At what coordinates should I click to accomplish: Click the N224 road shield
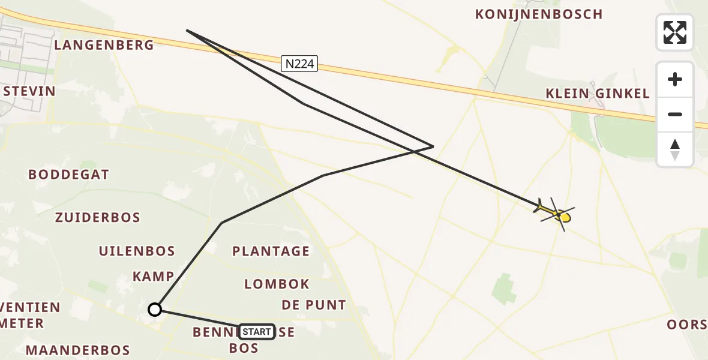(299, 64)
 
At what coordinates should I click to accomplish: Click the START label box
(257, 332)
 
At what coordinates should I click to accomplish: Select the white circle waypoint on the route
(155, 310)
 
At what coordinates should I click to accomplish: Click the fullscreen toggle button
(675, 32)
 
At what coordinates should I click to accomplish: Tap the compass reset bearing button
(675, 149)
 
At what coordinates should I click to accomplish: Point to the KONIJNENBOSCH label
(539, 14)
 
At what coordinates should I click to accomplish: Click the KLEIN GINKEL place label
(598, 94)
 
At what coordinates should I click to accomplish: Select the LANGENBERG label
(104, 45)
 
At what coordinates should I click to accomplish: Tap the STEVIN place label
(29, 91)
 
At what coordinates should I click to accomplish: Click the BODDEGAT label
(69, 175)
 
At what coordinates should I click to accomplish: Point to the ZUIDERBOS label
(98, 218)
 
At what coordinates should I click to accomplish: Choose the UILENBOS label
(137, 251)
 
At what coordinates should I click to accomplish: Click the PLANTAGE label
(271, 251)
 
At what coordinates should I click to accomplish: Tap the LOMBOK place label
(277, 284)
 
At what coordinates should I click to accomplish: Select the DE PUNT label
(314, 305)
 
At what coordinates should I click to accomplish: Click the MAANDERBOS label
(77, 350)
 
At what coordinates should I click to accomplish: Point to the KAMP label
(154, 277)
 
